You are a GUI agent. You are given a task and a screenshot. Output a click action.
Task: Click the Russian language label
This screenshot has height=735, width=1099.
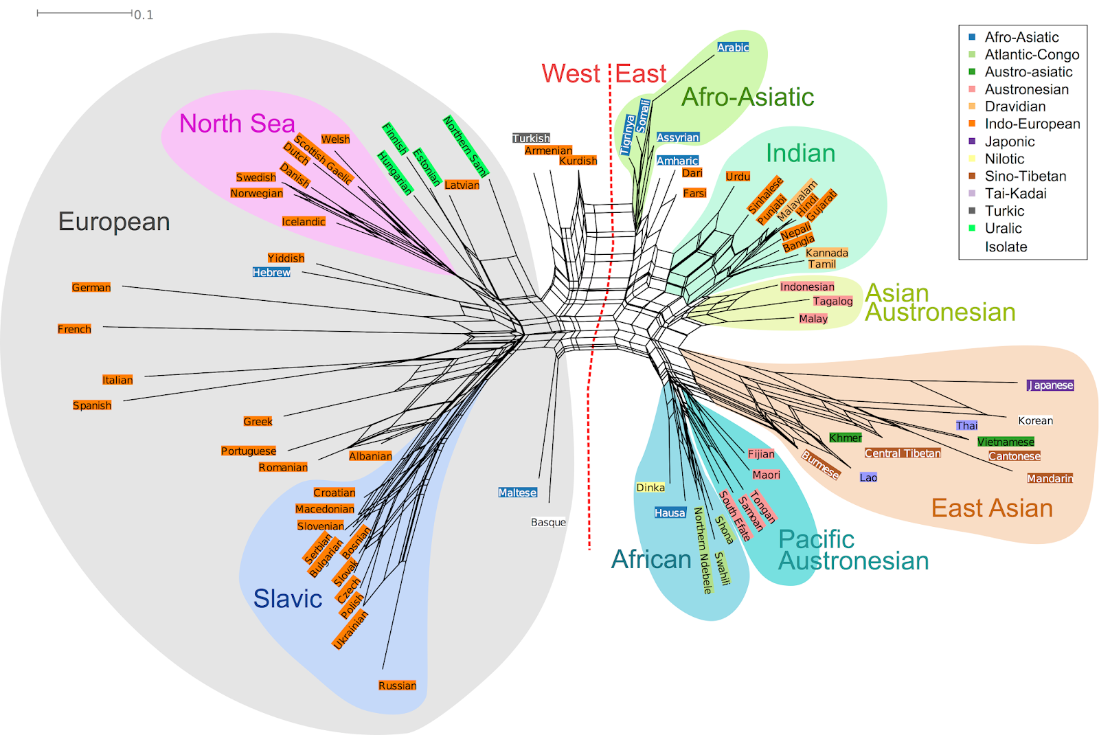397,686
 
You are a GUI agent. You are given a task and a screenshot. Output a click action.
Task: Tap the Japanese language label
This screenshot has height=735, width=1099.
1050,385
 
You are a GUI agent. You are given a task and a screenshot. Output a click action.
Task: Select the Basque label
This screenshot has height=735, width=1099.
548,522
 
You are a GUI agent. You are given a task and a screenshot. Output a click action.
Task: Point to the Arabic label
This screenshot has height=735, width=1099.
733,47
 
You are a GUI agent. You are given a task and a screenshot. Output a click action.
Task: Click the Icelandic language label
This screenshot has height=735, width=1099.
304,221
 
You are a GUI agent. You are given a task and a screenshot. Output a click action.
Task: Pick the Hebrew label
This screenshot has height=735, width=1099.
271,273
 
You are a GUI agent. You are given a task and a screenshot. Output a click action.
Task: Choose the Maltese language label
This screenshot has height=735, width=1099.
517,493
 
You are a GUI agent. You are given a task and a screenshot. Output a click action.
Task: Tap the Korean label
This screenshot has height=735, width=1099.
1035,420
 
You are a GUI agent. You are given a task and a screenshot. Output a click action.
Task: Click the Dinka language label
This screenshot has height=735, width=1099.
650,488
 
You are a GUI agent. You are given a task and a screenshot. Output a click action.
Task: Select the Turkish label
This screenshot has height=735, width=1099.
531,138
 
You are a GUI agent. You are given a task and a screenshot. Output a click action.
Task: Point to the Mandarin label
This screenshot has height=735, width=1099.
1050,478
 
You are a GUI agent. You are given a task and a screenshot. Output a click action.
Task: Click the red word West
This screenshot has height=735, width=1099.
571,73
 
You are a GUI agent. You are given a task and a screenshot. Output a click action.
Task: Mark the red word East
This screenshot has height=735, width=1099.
641,73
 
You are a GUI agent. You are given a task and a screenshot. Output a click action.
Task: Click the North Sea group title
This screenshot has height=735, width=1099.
237,124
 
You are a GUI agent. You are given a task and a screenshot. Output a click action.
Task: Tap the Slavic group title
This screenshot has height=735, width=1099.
288,599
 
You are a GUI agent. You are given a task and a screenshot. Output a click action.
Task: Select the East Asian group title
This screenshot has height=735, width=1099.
992,508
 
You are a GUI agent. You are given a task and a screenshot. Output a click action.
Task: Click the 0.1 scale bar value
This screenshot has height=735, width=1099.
144,15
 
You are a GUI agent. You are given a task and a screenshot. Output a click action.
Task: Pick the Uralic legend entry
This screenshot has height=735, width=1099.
1003,228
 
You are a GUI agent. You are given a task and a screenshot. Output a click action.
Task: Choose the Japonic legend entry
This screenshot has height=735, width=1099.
1009,142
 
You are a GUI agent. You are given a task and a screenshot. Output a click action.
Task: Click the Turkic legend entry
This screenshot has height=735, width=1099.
1004,211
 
